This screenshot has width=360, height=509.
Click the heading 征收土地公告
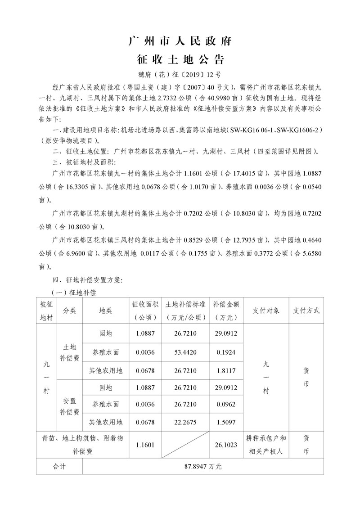point(180,59)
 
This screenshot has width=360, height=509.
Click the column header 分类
point(69,311)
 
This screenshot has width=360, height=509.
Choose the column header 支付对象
point(266,311)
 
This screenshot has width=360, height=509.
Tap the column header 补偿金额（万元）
point(225,311)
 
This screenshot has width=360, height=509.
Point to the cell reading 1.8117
point(225,371)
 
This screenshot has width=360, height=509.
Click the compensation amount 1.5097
point(225,422)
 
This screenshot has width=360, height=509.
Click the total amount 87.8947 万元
point(203,467)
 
